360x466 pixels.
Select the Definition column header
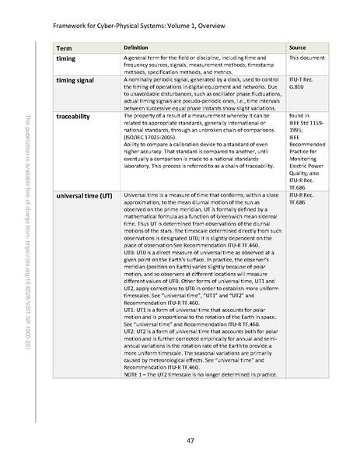137,47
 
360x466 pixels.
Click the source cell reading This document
306,58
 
